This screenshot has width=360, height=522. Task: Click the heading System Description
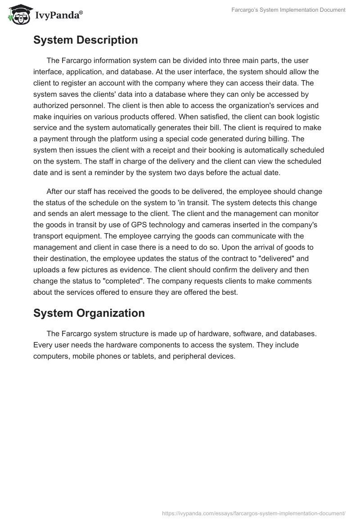click(x=85, y=40)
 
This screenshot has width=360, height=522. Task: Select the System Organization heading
click(x=89, y=313)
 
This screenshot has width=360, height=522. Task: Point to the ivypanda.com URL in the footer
click(x=253, y=513)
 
